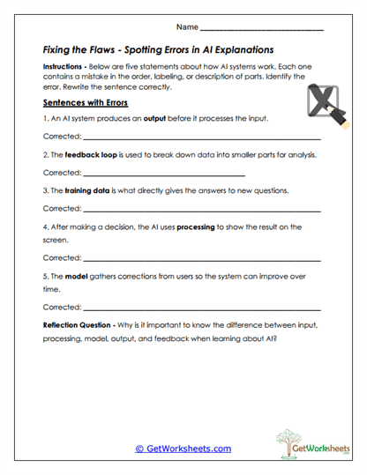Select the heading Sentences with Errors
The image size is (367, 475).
point(86,102)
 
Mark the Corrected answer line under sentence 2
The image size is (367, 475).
point(163,174)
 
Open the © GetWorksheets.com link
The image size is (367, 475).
point(183,449)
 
